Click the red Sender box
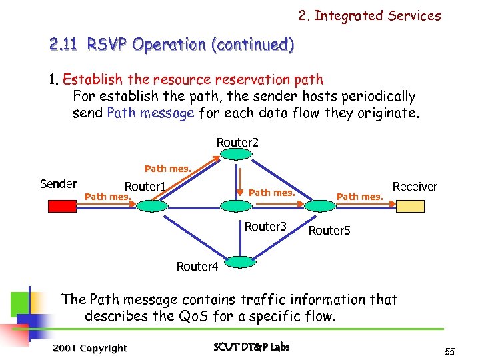[63, 207]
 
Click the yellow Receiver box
[414, 207]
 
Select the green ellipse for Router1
[151, 207]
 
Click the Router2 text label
[237, 142]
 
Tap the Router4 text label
[197, 267]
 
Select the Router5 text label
[329, 231]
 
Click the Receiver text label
[415, 187]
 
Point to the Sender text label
[59, 184]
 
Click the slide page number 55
[449, 351]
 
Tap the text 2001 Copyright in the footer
[89, 348]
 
